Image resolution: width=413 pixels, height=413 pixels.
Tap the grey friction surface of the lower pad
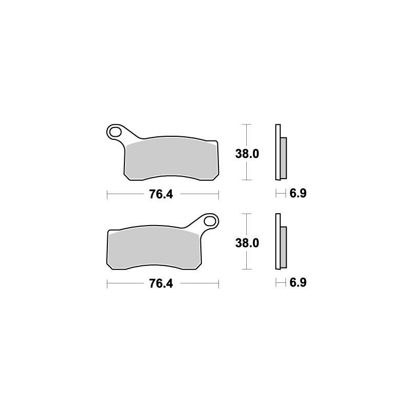(x=155, y=250)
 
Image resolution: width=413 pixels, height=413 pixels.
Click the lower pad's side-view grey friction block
(x=283, y=246)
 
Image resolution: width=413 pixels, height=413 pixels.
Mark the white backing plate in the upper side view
(x=278, y=152)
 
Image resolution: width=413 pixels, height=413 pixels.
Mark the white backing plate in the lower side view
(x=278, y=242)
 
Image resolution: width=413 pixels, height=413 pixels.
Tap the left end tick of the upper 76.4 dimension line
(x=107, y=194)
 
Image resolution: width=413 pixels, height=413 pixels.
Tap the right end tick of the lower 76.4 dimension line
(x=219, y=284)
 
